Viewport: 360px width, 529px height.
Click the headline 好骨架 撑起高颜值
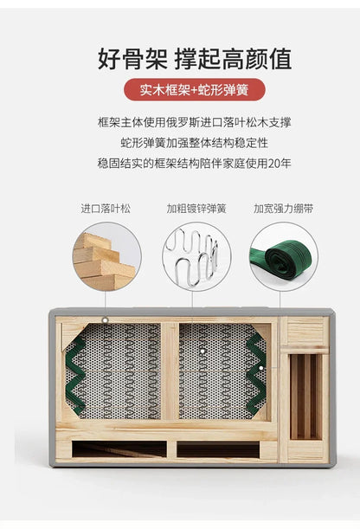point(195,59)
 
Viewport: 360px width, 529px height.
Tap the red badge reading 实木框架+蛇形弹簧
point(195,90)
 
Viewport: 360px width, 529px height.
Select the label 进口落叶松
point(106,209)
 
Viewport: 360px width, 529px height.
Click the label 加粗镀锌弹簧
point(196,209)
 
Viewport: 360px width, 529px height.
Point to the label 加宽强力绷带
point(284,209)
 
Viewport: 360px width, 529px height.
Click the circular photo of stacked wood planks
point(106,256)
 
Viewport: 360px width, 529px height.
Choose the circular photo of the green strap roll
point(284,256)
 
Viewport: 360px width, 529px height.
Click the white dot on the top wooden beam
point(106,319)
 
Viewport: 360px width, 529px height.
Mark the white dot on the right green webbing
point(260,368)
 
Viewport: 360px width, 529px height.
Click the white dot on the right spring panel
point(202,352)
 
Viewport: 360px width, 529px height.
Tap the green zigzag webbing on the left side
point(75,375)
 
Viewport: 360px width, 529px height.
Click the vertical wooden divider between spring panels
point(170,371)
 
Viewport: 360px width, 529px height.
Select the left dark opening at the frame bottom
point(119,449)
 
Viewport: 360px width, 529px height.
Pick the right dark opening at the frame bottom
point(218,449)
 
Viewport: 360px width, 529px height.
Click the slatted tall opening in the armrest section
point(306,397)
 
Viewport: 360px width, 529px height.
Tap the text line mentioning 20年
point(195,164)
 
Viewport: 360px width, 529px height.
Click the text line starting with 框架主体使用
point(195,122)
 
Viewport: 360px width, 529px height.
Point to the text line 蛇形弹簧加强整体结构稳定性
point(195,143)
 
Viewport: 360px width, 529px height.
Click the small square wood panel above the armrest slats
point(305,332)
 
